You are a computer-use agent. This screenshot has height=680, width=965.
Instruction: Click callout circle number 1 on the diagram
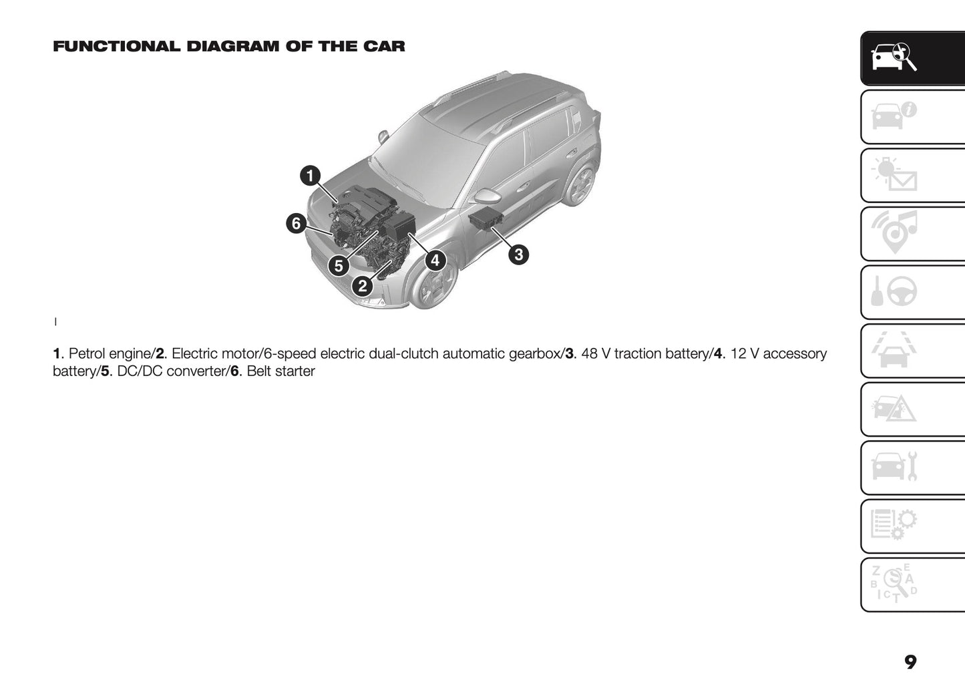[309, 176]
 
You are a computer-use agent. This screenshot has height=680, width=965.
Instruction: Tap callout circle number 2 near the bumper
[362, 287]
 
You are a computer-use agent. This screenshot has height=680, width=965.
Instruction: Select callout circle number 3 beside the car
[518, 254]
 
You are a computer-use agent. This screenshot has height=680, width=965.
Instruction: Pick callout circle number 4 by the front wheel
[435, 260]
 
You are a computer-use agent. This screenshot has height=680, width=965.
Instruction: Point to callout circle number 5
[339, 266]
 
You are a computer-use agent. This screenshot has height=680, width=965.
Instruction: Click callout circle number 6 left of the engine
[297, 223]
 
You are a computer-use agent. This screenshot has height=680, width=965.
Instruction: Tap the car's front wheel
[433, 283]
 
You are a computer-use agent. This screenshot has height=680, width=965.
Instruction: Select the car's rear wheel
[580, 184]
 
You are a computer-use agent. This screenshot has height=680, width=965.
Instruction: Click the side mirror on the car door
[487, 196]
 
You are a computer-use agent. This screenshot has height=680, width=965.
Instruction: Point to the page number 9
[910, 661]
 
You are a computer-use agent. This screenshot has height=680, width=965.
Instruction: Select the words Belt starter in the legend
[280, 371]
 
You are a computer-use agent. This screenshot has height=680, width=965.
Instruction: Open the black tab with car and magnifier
[912, 59]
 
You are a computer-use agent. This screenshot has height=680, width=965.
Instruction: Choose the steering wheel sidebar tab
[912, 293]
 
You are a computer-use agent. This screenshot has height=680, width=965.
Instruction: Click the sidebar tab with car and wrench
[912, 468]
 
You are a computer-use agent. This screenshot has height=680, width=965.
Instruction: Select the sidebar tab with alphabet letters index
[912, 584]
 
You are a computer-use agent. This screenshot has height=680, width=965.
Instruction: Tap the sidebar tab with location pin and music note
[912, 234]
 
